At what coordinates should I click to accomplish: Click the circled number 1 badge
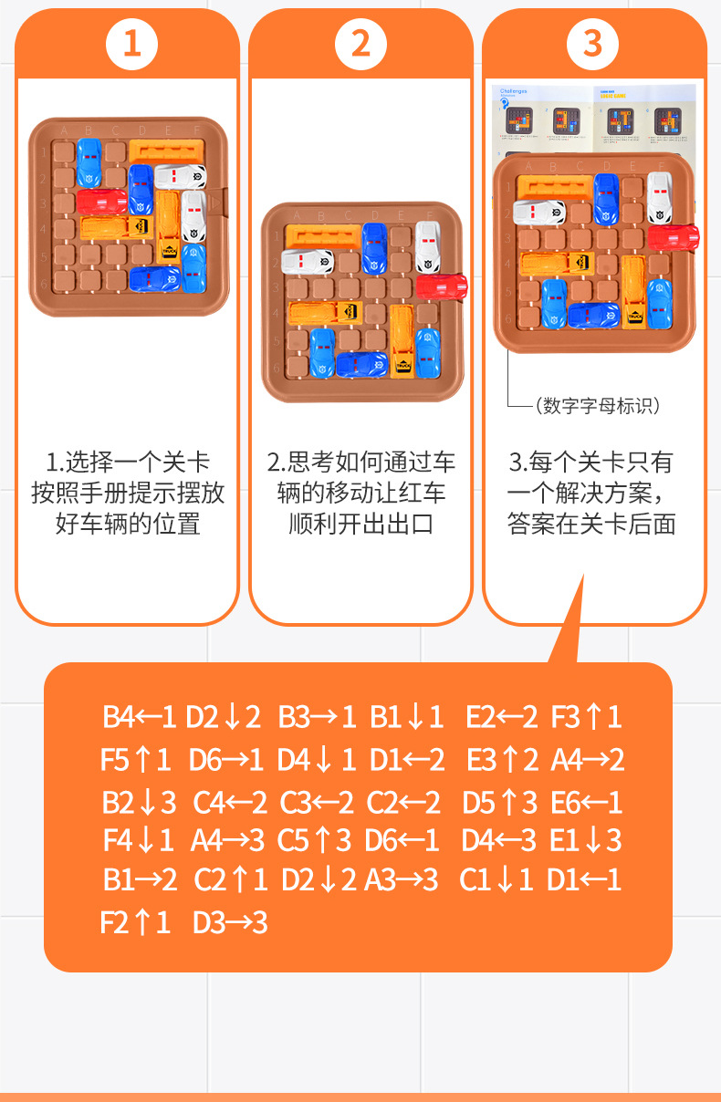[132, 43]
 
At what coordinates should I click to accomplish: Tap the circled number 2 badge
[361, 43]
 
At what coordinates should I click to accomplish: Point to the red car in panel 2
[442, 286]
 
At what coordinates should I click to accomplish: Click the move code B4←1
[139, 717]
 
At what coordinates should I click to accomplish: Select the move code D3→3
[230, 923]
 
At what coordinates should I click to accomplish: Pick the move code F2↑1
[135, 923]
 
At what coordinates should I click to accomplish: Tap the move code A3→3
[402, 880]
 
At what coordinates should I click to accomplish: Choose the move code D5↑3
[500, 802]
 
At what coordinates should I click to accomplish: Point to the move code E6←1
[587, 802]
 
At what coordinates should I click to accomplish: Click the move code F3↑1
[587, 717]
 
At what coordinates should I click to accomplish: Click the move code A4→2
[588, 759]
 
